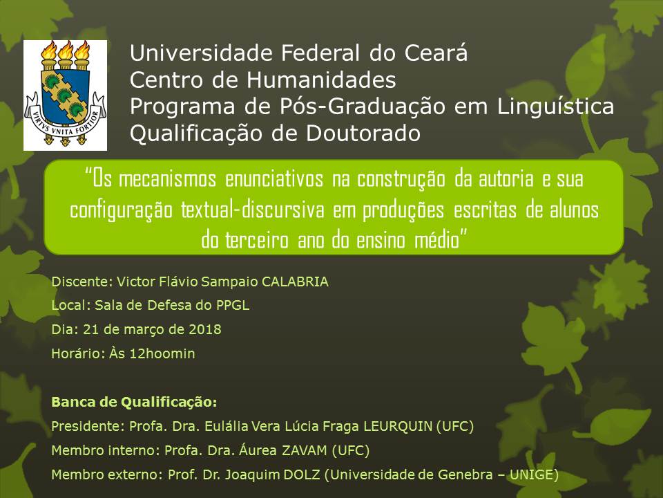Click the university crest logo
65,95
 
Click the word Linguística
555,107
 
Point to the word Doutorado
363,133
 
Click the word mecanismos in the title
167,178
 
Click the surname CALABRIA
295,282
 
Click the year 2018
205,329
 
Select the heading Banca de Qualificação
134,403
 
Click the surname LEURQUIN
398,426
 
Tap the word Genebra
465,474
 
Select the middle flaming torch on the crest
66,55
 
